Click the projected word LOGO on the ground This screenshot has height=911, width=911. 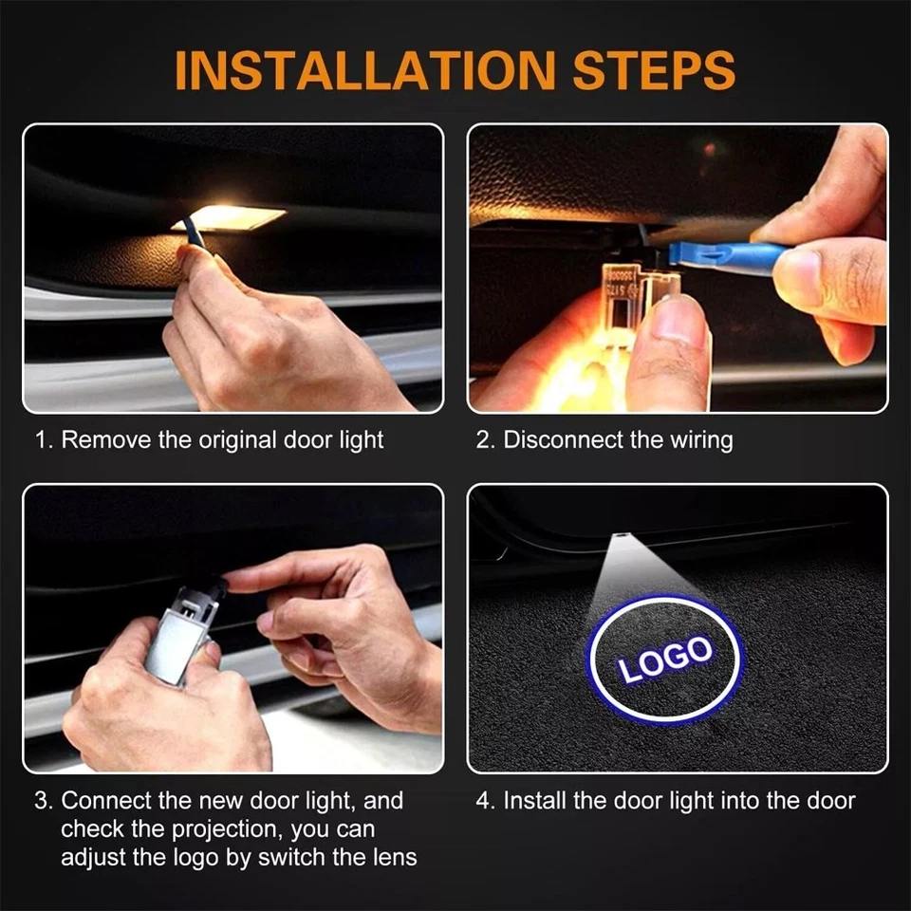665,660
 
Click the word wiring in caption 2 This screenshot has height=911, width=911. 700,440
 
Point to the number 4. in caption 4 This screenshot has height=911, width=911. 486,801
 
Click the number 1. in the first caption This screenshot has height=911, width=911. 44,440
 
